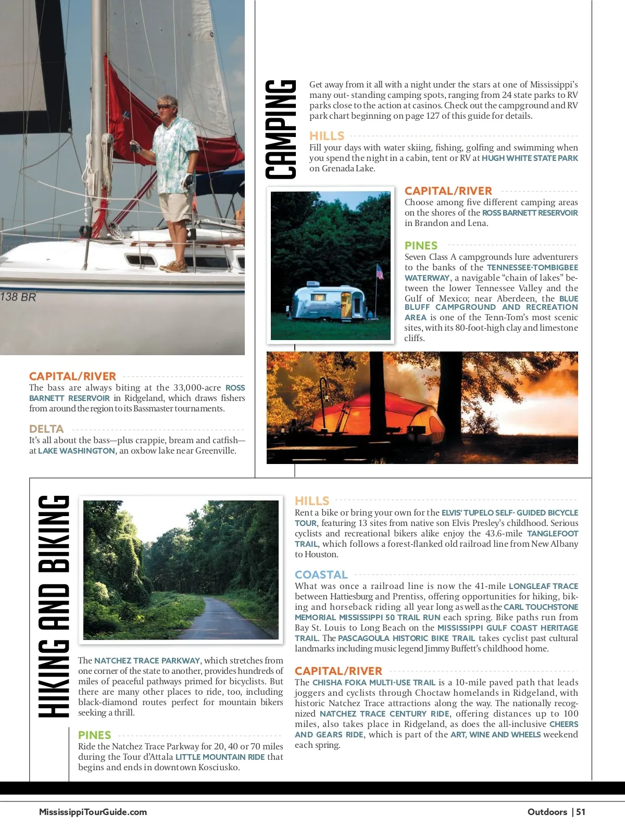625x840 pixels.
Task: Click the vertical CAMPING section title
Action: coord(281,130)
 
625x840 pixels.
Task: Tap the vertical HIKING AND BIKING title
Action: coord(54,607)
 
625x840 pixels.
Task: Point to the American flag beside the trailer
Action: coord(380,272)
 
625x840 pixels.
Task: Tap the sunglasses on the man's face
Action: coord(165,107)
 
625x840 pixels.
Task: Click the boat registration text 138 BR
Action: coord(18,297)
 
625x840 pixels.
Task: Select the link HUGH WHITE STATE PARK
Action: coord(530,158)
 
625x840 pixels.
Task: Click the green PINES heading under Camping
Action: coord(421,246)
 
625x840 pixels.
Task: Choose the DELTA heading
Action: coord(46,429)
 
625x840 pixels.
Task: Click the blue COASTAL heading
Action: coord(321,575)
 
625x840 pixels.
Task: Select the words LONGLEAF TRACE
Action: coord(543,586)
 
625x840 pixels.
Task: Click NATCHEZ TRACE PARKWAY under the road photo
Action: coord(147,661)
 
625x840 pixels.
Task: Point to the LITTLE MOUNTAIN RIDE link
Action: coord(220,757)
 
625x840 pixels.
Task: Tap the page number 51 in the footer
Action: coord(581,812)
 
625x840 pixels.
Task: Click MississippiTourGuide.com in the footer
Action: coord(93,812)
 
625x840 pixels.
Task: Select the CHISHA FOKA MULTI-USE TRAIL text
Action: coord(373,683)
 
